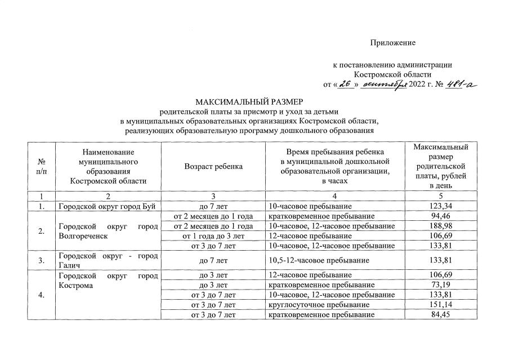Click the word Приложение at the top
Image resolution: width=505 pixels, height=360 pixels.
click(x=392, y=43)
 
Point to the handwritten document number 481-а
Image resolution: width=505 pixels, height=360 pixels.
click(x=459, y=85)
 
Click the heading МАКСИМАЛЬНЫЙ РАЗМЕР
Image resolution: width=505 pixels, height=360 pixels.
click(x=249, y=102)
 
